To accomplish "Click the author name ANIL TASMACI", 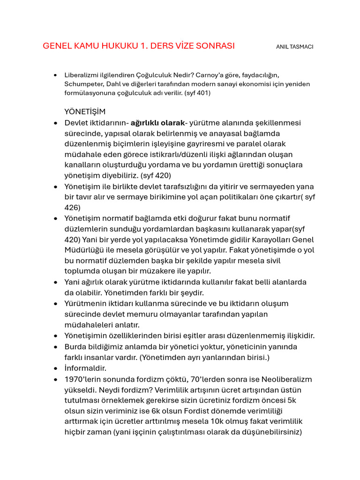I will (x=295, y=47).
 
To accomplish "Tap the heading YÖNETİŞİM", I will (x=85, y=112).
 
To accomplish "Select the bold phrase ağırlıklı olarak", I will (x=157, y=123).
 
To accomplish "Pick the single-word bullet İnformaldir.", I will (x=85, y=368).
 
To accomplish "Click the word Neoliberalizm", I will (x=283, y=379).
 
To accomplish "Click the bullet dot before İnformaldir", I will (x=56, y=368).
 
